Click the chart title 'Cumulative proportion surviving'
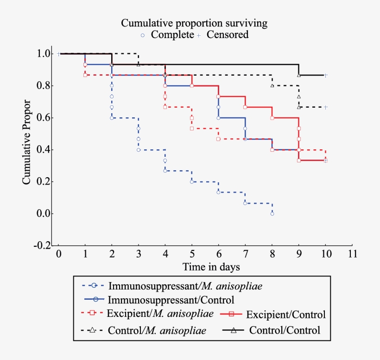pos(194,23)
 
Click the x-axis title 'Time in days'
pos(211,267)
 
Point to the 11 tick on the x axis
pos(353,254)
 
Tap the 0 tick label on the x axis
pos(58,254)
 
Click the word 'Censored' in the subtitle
pos(228,35)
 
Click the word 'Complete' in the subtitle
pos(172,35)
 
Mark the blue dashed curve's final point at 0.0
pos(272,214)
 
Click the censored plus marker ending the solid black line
pos(326,75)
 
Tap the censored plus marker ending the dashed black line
pos(326,107)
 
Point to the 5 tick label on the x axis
pos(192,254)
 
